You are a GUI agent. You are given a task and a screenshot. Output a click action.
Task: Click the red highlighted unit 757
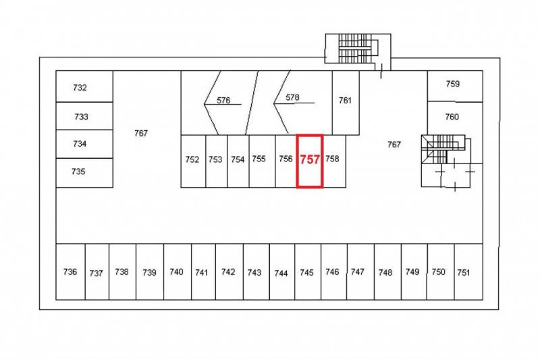(x=310, y=161)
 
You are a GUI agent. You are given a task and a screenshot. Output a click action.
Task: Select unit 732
(x=84, y=86)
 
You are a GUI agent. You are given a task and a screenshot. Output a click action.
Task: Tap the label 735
(x=78, y=171)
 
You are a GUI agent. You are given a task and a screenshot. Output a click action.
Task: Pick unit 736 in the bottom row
(x=71, y=272)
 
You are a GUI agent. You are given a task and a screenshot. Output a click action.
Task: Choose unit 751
(x=468, y=272)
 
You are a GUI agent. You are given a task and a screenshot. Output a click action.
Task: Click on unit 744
(x=282, y=272)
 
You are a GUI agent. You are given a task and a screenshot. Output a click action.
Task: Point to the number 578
(x=292, y=97)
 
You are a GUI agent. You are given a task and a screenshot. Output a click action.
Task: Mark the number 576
(x=223, y=100)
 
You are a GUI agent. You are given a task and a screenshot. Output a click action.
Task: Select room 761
(x=346, y=103)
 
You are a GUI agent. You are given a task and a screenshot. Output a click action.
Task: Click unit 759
(x=455, y=86)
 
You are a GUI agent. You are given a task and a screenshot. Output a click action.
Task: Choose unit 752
(x=193, y=161)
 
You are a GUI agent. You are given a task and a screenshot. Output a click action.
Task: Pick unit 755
(x=262, y=161)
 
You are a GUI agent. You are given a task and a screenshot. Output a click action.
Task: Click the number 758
(x=332, y=159)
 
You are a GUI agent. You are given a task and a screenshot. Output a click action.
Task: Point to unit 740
(x=178, y=272)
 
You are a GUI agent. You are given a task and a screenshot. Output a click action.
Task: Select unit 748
(x=387, y=272)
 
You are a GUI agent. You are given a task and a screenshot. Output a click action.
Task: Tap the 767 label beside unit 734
(x=141, y=133)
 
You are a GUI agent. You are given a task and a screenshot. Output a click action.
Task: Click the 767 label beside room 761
(x=394, y=145)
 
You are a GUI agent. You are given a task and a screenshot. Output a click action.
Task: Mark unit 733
(x=84, y=116)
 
